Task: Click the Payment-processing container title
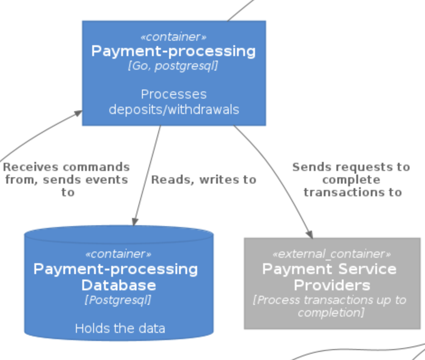pos(173,51)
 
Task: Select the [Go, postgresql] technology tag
pos(173,66)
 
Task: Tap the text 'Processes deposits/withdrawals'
pos(174,102)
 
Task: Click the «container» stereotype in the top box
pos(173,37)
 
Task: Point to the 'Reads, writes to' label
pos(203,180)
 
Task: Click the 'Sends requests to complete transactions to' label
pos(351,180)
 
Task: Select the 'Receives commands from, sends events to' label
pos(66,180)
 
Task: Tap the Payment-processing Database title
pos(116,277)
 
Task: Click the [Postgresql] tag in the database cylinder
pos(118,300)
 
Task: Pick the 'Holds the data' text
pos(120,328)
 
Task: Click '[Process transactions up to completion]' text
pos(330,306)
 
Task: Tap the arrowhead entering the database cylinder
pos(135,221)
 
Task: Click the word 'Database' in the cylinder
pos(118,285)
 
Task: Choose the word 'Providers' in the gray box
pos(331,285)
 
